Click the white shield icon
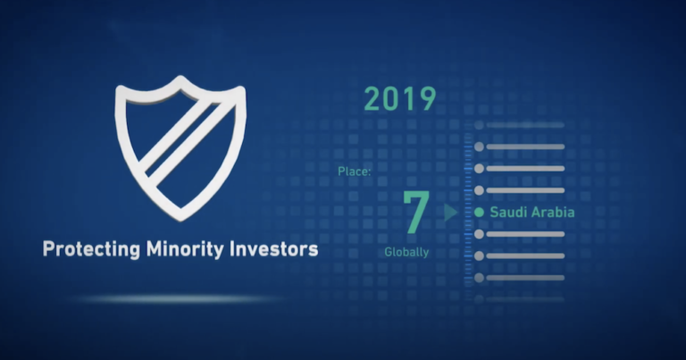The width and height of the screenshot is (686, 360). tap(180, 147)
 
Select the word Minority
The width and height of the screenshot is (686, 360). tap(180, 250)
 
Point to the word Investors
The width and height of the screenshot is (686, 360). tap(272, 250)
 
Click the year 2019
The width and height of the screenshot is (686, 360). tap(399, 99)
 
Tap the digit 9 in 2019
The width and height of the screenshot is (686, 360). tap(426, 99)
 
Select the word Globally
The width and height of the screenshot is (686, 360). tap(406, 252)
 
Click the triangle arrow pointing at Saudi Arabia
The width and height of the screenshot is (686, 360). tap(451, 213)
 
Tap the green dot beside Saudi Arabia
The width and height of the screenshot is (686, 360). tap(479, 213)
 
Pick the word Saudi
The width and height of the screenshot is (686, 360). tap(507, 213)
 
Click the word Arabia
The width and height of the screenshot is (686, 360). tap(552, 213)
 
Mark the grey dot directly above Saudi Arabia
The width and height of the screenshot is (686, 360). tap(479, 190)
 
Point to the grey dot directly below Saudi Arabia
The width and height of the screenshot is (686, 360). tap(479, 234)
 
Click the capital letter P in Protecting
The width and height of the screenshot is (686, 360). tap(48, 250)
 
